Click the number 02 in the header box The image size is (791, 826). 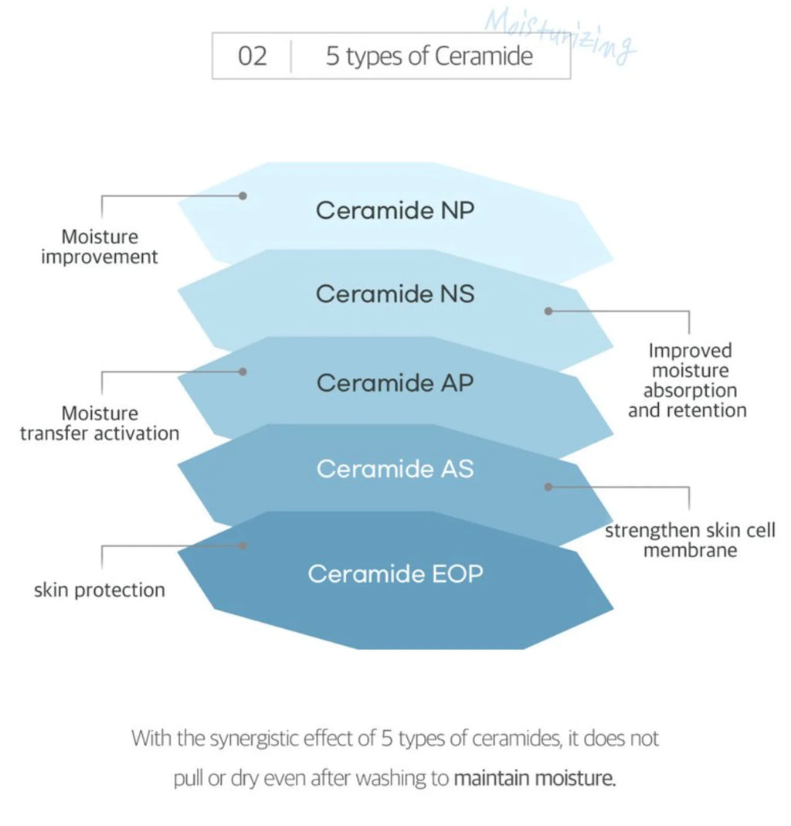tap(253, 56)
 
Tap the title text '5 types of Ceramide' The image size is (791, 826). tap(429, 56)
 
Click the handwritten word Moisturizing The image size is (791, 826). tap(560, 36)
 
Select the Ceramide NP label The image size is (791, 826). tap(395, 210)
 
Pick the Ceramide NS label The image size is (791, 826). tap(395, 294)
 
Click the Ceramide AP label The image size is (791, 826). tap(395, 382)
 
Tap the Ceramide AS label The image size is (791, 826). tap(395, 468)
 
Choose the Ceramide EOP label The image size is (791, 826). tap(395, 573)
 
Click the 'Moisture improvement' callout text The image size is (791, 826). tap(100, 246)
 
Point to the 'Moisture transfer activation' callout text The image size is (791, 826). tap(100, 423)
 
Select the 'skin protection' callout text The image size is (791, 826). tap(100, 590)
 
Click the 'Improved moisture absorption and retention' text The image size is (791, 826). tap(687, 380)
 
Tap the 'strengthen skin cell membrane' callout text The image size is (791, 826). tap(690, 540)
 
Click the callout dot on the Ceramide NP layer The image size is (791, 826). tap(243, 196)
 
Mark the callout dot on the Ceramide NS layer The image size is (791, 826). tap(548, 311)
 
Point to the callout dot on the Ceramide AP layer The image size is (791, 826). tap(243, 372)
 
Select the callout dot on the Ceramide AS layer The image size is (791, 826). tap(548, 488)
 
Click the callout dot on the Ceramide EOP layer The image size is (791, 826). tap(243, 546)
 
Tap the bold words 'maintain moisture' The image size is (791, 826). tap(535, 778)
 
